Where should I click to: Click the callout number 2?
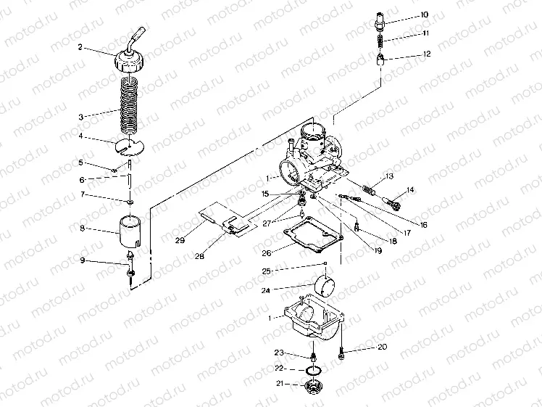pos(80,47)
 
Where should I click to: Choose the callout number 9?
pos(82,260)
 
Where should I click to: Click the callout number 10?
pos(425,15)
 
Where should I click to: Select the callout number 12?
pos(426,54)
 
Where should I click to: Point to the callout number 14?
pos(410,190)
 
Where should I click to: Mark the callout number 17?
pos(407,234)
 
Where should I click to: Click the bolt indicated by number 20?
pos(341,354)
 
